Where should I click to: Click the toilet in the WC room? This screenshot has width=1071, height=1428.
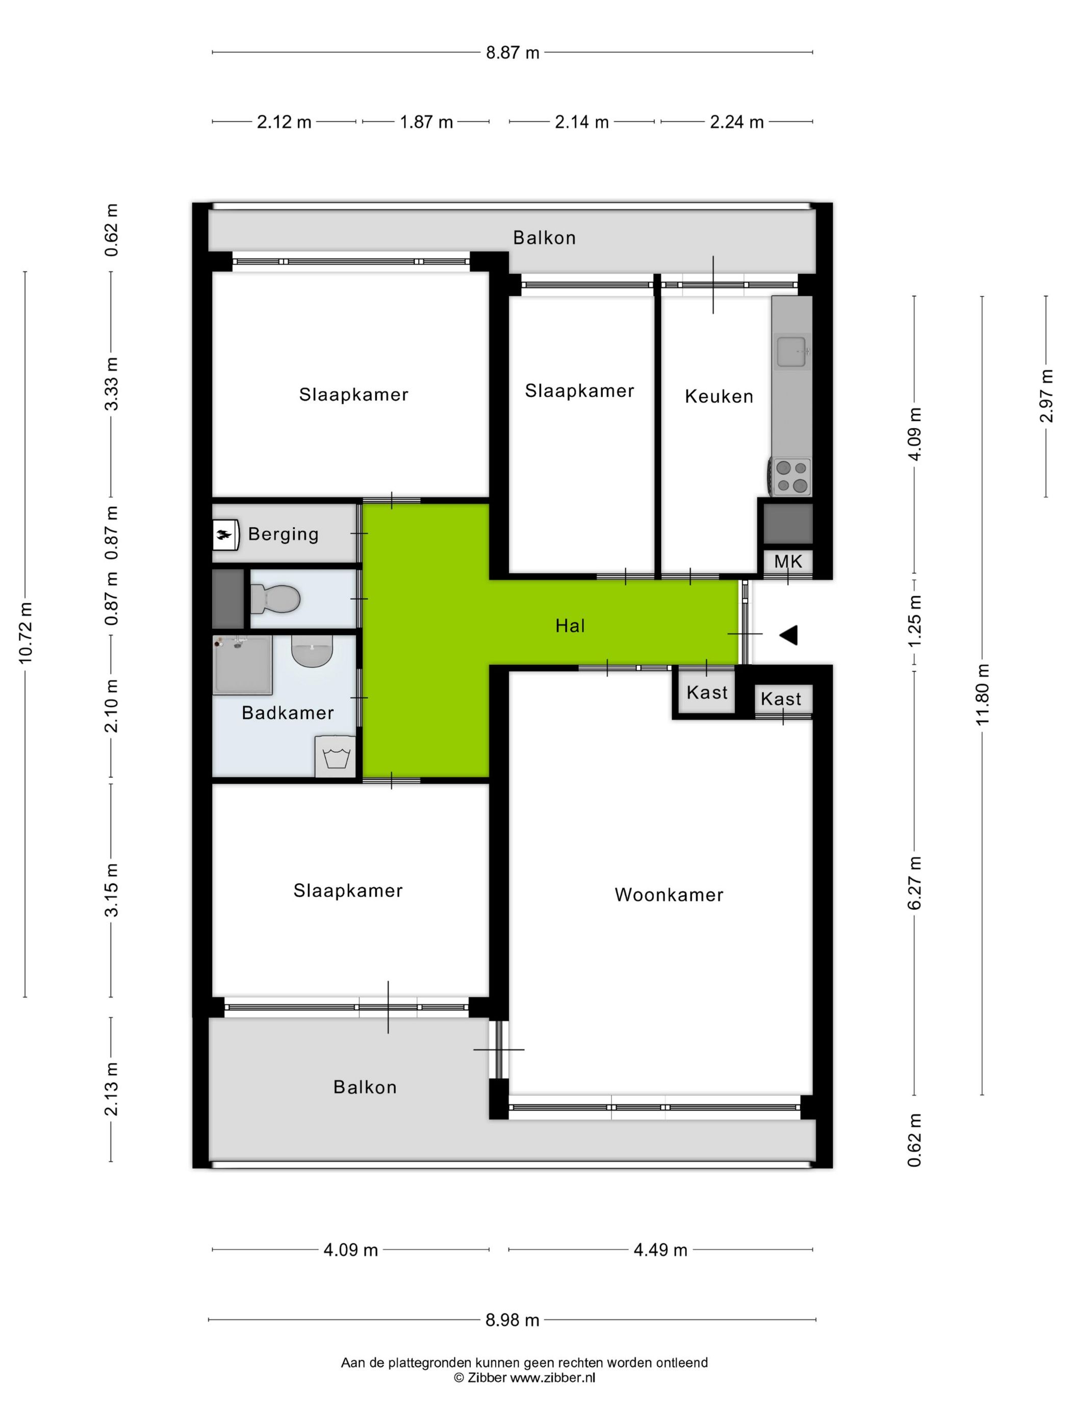point(275,598)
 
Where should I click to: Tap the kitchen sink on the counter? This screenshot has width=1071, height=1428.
point(790,351)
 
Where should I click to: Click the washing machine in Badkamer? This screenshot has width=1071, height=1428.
point(335,756)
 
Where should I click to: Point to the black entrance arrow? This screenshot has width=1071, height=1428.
point(788,635)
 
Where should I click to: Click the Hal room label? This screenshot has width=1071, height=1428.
point(570,626)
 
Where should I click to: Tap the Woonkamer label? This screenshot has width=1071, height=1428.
point(669,895)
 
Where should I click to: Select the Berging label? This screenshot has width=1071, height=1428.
point(284,534)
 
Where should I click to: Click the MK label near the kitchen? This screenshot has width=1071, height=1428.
point(787,562)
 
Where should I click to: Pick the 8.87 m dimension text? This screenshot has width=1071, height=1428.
point(513,53)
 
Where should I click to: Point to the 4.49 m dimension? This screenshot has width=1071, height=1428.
point(660,1250)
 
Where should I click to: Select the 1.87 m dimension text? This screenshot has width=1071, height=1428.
point(426,121)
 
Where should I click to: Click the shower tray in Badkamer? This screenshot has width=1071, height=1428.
point(243,665)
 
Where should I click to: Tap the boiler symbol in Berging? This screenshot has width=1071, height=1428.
point(225,534)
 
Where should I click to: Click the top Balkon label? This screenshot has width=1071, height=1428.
point(544,238)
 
